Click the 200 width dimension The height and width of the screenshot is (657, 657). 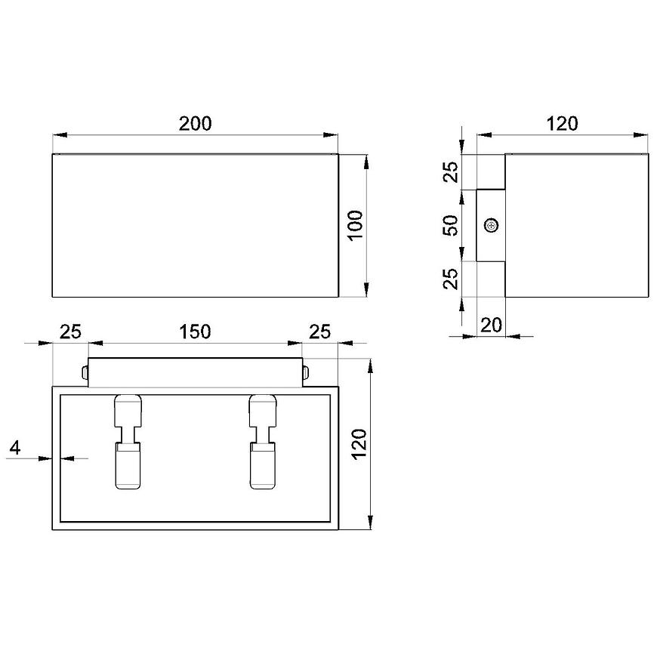(196, 124)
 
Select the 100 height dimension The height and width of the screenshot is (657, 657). (356, 225)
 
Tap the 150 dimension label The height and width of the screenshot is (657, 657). (195, 332)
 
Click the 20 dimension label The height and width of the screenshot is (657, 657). (491, 325)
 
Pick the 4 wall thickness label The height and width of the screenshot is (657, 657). (14, 448)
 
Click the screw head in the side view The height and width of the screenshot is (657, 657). (491, 226)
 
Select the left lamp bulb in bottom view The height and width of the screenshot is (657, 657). (128, 442)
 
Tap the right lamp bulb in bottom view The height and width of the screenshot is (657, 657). (263, 442)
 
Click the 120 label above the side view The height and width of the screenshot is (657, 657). (562, 124)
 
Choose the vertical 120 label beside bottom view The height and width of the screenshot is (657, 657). (359, 445)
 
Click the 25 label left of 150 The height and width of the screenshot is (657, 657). (70, 332)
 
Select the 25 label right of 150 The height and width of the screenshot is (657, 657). (319, 332)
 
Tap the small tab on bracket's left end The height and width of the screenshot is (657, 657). (85, 372)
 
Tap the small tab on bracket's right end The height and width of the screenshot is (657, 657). (306, 372)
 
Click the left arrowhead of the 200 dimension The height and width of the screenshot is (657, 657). (60, 135)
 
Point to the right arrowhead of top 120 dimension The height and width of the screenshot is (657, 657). (640, 135)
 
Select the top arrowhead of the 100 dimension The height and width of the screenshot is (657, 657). (366, 162)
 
